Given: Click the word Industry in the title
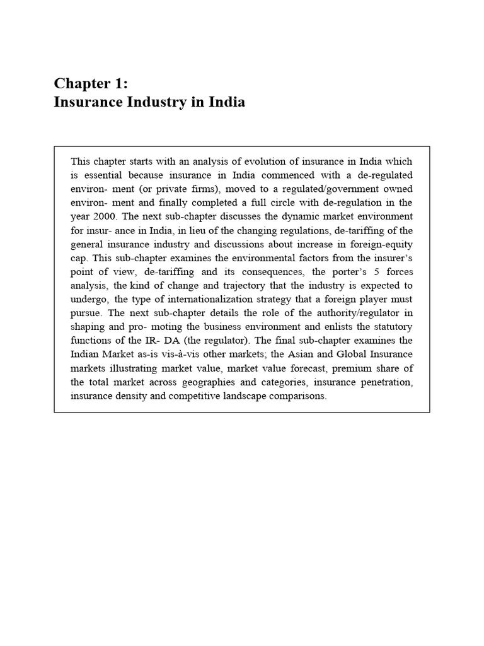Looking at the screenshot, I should pyautogui.click(x=152, y=102).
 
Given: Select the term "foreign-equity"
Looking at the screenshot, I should pyautogui.click(x=384, y=244).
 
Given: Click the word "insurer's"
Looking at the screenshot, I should pyautogui.click(x=395, y=257).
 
